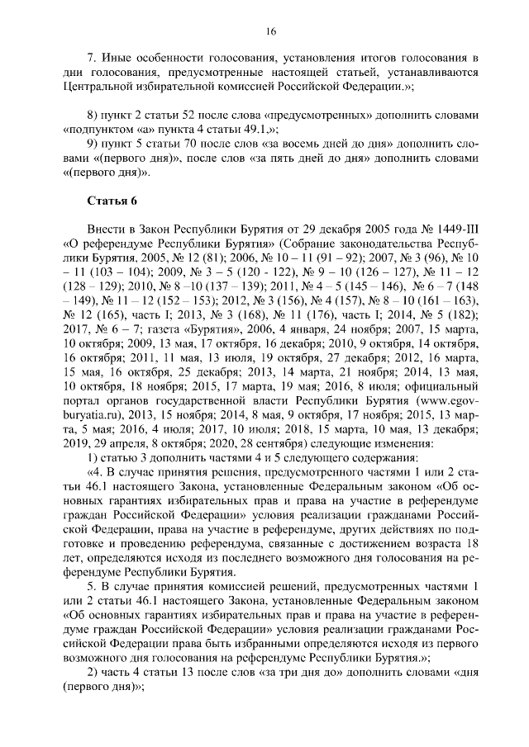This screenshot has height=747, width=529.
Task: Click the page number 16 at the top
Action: tap(270, 31)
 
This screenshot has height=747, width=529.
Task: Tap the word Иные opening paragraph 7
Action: tap(115, 57)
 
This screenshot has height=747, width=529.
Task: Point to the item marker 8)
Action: tap(93, 112)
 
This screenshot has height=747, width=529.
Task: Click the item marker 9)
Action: tap(93, 144)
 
